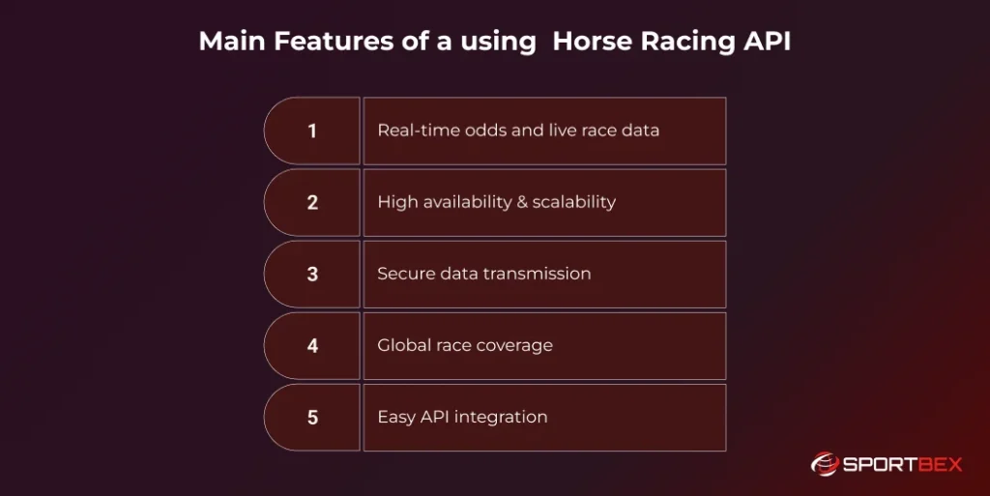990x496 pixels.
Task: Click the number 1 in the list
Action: [x=312, y=131]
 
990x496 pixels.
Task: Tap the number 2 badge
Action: [x=312, y=202]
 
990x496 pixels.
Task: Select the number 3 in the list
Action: [x=312, y=274]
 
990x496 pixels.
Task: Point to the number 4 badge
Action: [x=312, y=345]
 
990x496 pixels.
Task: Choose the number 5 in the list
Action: [x=312, y=418]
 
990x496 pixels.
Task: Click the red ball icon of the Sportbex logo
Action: [x=824, y=464]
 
